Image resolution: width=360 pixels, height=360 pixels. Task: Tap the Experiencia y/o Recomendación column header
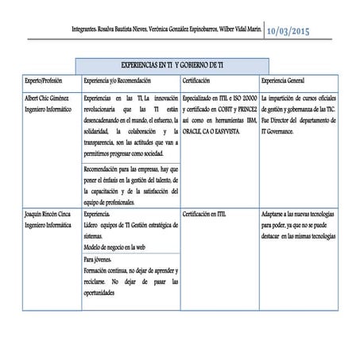(118, 81)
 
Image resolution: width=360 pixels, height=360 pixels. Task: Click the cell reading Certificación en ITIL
(206, 214)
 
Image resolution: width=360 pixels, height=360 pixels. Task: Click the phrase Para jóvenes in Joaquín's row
(98, 260)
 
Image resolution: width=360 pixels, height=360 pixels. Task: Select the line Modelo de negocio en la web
(120, 248)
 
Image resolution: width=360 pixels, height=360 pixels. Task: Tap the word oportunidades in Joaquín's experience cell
(103, 293)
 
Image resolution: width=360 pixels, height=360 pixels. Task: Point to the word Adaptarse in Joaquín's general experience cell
(276, 214)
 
